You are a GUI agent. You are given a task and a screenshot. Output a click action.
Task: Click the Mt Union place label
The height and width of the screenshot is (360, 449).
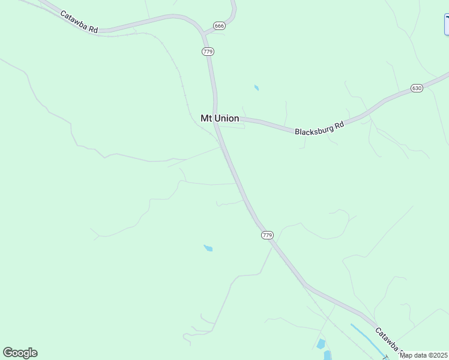point(220,119)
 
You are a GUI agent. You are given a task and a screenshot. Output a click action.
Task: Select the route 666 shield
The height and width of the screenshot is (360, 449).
point(219,26)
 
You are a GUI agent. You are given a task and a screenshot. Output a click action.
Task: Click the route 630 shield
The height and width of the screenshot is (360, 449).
point(417,88)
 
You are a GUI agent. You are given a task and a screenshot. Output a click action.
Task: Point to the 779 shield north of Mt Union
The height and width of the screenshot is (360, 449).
point(208,52)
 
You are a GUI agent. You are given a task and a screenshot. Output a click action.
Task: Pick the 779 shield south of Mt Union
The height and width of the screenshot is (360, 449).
point(267,235)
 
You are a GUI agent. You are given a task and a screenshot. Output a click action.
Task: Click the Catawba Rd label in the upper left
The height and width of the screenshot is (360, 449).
point(79,22)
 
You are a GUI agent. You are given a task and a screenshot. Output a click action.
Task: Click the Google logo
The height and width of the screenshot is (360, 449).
point(20,353)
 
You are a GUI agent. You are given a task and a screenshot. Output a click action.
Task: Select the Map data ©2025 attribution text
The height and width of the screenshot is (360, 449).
point(424,355)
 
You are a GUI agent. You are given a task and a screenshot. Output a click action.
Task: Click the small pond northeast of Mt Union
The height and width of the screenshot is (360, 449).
point(256,88)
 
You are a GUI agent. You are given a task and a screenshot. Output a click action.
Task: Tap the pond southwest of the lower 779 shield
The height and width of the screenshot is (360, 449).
point(208,248)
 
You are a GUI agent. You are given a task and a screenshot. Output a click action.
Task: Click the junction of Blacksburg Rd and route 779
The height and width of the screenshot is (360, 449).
point(217,119)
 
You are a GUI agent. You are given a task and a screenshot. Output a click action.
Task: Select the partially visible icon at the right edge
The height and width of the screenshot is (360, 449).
point(447,24)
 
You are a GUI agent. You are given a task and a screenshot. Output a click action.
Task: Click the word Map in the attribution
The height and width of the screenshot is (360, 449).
point(406,355)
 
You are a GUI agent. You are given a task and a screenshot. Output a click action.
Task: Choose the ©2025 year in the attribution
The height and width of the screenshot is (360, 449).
point(436,355)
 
